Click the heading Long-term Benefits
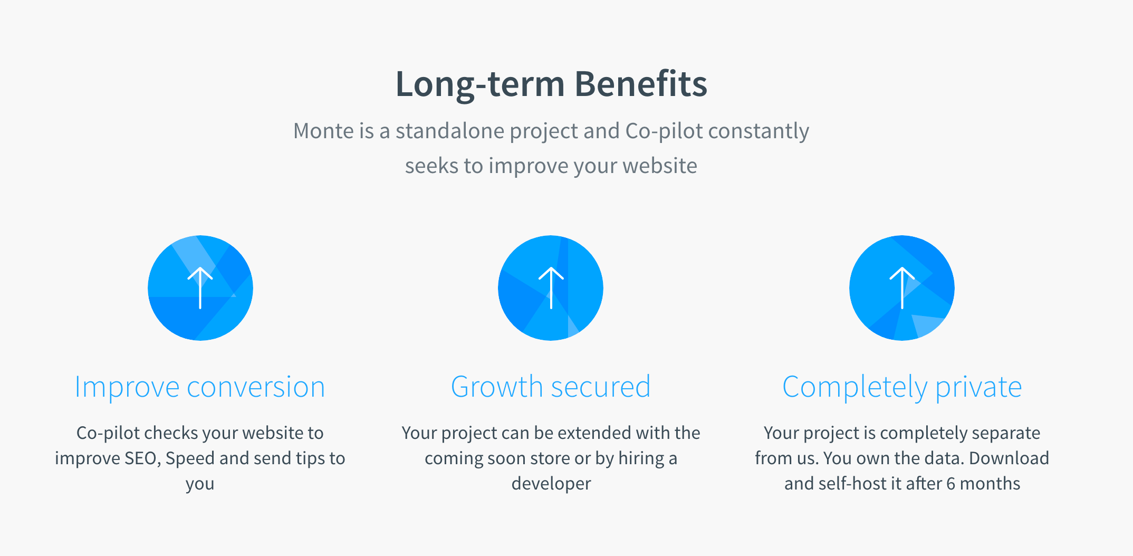coord(551,84)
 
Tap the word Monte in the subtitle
coord(324,131)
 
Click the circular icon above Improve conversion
coord(200,288)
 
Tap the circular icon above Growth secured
coord(551,288)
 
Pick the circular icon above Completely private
coord(902,288)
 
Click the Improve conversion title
coord(200,387)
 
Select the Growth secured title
coord(551,387)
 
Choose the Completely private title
coord(902,388)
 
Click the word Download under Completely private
coord(1009,458)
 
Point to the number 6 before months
coord(951,484)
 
